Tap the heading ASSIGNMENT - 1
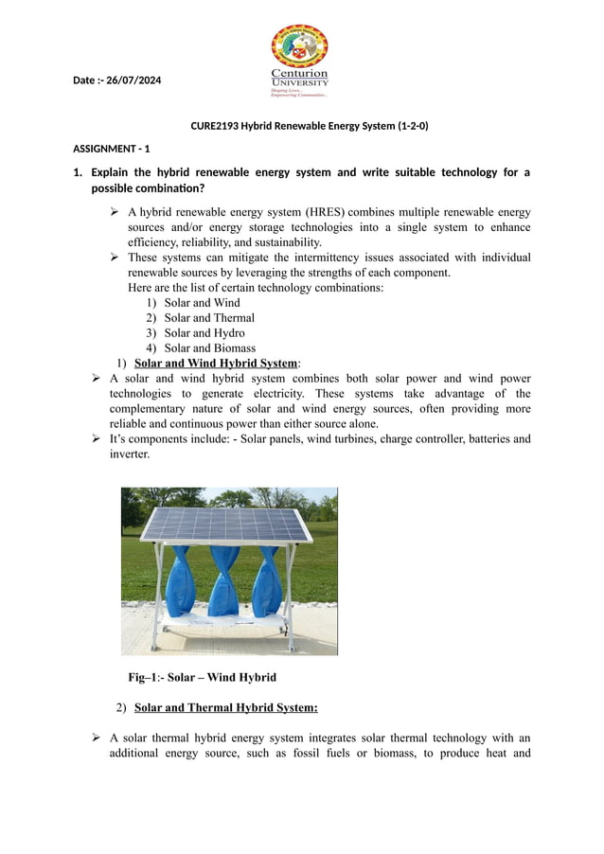(x=111, y=149)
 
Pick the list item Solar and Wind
(x=202, y=303)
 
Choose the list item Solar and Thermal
(x=209, y=318)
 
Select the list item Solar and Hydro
(x=204, y=333)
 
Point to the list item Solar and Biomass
(x=209, y=348)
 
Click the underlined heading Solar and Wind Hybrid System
(x=216, y=364)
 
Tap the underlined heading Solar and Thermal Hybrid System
(x=225, y=707)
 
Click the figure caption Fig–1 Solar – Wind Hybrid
(x=202, y=677)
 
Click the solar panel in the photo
(x=227, y=524)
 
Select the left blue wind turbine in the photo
(x=178, y=579)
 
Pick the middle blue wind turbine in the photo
(x=223, y=579)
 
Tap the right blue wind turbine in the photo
(x=266, y=579)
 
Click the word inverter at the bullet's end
(x=129, y=454)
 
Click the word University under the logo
(x=300, y=82)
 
